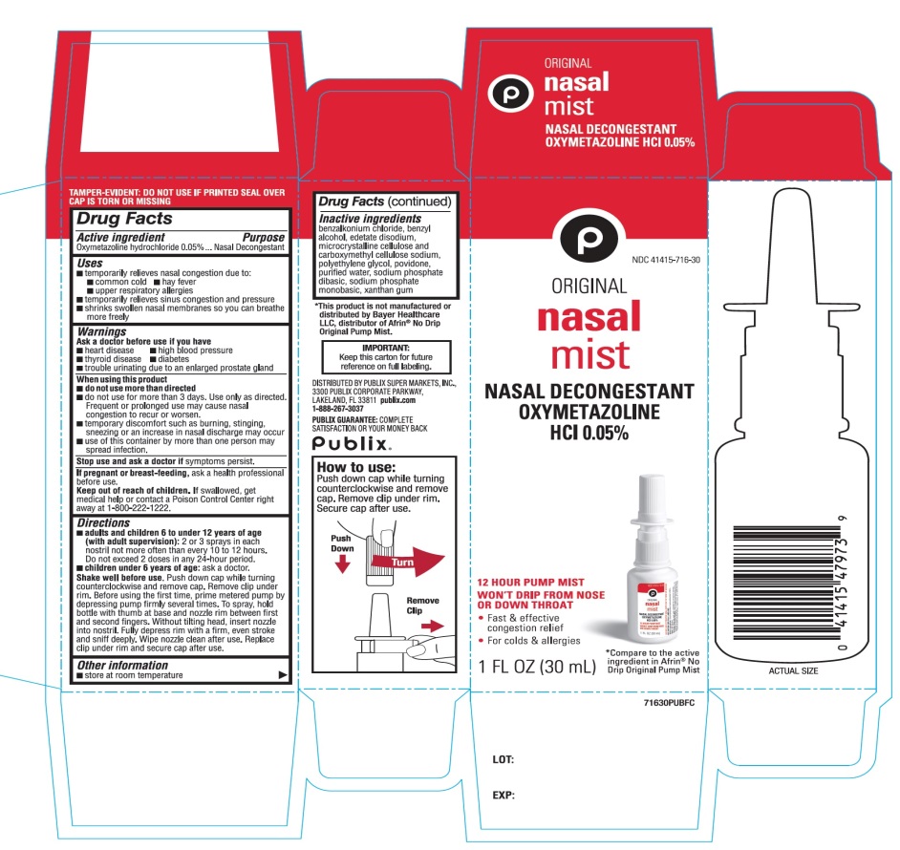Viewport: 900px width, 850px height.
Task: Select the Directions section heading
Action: coord(104,523)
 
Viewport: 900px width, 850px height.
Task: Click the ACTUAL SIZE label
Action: coord(793,671)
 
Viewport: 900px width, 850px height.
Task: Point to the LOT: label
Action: coord(504,760)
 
